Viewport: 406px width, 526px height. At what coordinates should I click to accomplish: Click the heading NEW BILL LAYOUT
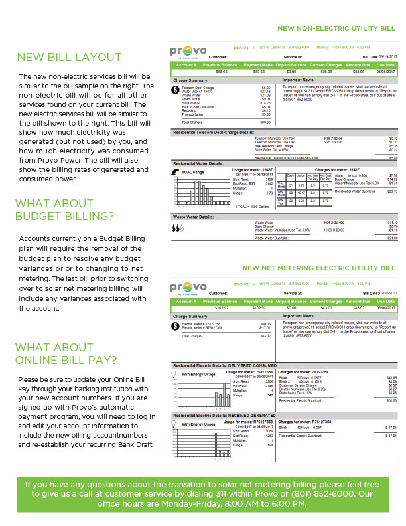[x=69, y=57]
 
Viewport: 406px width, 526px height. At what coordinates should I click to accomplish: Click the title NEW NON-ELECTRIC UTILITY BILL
[x=336, y=29]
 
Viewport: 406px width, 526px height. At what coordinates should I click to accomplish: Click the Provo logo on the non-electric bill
[x=189, y=50]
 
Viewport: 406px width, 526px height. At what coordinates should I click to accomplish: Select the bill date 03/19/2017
[x=387, y=57]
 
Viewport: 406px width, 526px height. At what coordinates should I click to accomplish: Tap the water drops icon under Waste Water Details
[x=177, y=226]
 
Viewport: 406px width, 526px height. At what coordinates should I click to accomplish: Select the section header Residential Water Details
[x=198, y=163]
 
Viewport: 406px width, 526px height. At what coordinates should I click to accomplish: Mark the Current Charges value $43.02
[x=326, y=308]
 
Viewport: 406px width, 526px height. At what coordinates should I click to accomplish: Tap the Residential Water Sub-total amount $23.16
[x=392, y=191]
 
